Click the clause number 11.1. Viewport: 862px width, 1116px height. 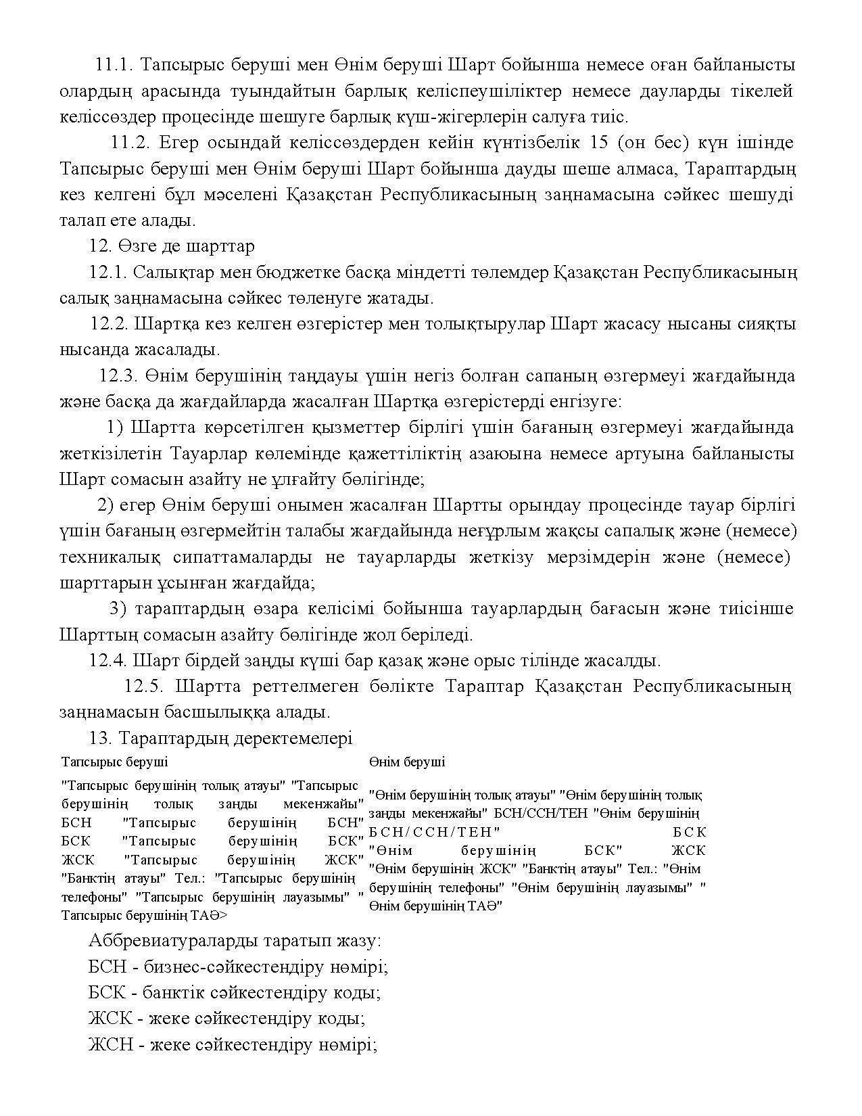coord(116,65)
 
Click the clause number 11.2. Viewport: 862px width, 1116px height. coord(133,143)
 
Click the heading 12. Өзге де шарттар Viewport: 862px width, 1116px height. coord(172,246)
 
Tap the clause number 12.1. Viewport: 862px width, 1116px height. coord(107,273)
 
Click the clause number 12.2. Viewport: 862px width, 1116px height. coord(110,324)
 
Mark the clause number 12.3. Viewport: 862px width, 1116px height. coord(118,376)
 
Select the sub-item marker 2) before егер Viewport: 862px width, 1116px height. coord(105,505)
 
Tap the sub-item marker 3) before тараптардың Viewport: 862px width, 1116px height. coord(118,609)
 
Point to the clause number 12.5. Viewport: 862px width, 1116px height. coord(144,687)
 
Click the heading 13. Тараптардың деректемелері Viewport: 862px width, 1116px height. coord(220,738)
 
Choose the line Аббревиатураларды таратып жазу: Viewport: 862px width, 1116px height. coord(235,941)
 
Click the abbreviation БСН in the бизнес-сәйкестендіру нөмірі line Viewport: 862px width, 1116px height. coord(107,967)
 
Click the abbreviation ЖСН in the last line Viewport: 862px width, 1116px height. coord(108,1045)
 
